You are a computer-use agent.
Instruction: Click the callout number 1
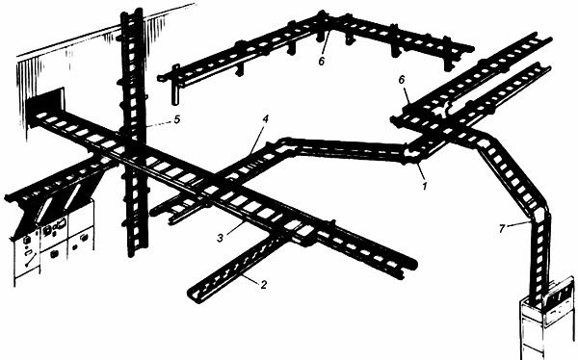[424, 186]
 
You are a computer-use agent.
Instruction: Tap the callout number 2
[263, 285]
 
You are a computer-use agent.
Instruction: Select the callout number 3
[220, 238]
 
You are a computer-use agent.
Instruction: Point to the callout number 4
[266, 118]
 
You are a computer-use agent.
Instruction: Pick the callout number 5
[177, 119]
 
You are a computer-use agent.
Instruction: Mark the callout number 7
[501, 229]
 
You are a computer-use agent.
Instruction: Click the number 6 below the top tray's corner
[322, 62]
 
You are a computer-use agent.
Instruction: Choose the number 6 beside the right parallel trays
[402, 80]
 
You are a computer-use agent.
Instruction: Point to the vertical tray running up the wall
[132, 133]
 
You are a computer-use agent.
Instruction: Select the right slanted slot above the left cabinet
[73, 195]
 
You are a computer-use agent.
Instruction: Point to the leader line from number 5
[158, 123]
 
